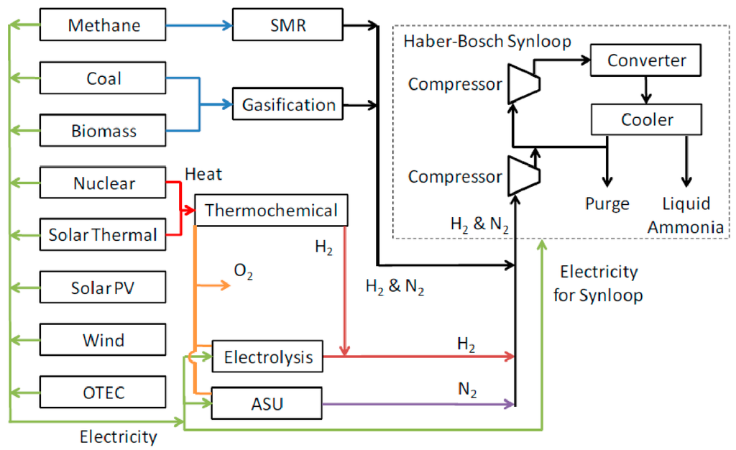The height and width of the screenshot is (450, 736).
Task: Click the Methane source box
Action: point(103,26)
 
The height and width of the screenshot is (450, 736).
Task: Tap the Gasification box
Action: point(288,105)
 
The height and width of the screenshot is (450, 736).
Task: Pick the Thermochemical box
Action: point(271,210)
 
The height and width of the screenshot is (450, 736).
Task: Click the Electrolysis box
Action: point(268,357)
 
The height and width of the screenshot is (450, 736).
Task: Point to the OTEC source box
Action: point(103,392)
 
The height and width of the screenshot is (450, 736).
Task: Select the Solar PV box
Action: point(103,288)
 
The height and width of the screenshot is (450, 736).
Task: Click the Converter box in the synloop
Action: point(646,60)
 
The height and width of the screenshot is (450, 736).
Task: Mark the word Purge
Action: point(608,203)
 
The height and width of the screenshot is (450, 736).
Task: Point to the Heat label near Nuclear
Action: point(203,174)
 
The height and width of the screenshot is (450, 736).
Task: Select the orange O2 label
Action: point(244,272)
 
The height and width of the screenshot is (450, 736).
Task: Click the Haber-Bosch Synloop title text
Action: point(487,42)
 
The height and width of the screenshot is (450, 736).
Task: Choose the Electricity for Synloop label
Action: point(599,283)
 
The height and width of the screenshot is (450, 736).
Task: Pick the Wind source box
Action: point(103,340)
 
